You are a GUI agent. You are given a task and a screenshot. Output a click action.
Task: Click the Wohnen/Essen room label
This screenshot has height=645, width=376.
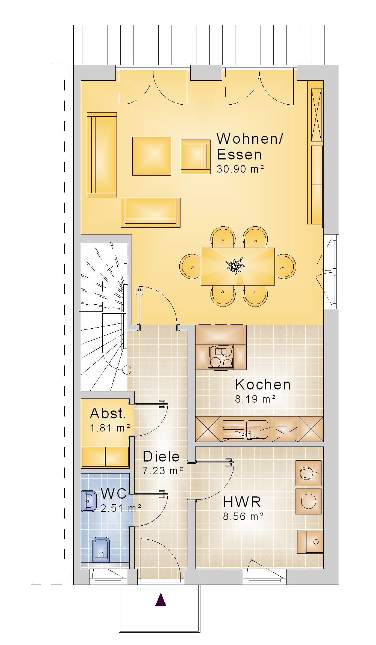pos(250,147)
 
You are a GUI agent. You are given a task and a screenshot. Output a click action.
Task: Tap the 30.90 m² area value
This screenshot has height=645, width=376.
pos(240,169)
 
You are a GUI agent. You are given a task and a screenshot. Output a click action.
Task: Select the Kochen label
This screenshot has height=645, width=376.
pos(263,385)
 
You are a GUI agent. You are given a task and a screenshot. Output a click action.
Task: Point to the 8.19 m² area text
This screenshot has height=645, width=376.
pos(256,399)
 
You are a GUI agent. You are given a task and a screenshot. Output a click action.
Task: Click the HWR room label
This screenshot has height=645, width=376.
pos(242,502)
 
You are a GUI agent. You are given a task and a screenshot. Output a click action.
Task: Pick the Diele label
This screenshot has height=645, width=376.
pos(161,456)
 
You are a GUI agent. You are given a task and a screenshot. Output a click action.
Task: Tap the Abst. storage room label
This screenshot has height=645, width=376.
pos(108,413)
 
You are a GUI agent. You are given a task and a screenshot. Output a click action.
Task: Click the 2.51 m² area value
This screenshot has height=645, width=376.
pos(121,508)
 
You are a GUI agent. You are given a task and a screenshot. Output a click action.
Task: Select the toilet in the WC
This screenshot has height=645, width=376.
pos(101,550)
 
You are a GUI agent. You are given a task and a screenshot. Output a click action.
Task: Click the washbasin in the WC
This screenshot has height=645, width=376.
pos(89,501)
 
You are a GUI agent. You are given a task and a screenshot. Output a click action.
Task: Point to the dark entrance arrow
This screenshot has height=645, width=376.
pos(161,600)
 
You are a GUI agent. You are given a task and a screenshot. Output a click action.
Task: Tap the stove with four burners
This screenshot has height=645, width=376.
pos(221,357)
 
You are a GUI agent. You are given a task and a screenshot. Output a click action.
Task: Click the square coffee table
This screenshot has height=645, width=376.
pos(152,156)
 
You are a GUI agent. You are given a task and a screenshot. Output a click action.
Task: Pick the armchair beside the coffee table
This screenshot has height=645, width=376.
pos(196,157)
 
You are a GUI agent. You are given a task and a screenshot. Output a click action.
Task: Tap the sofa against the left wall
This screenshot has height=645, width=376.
pos(102,155)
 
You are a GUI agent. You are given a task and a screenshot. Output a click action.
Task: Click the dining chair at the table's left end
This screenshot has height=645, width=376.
pos(191,266)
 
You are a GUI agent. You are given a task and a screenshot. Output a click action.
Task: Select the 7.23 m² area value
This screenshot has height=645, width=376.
pos(163,471)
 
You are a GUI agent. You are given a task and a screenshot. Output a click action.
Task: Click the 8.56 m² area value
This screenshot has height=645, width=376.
pos(244,516)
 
